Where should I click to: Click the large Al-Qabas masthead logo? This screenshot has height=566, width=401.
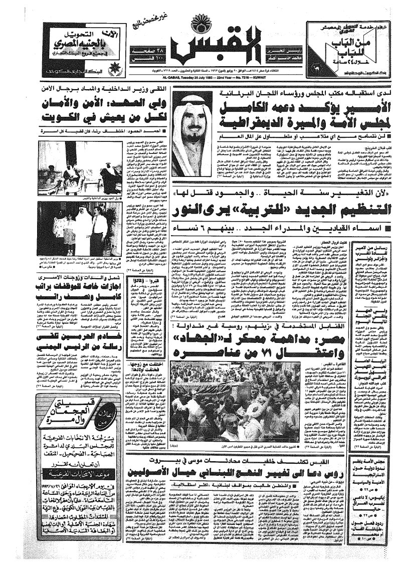tap(199, 50)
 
